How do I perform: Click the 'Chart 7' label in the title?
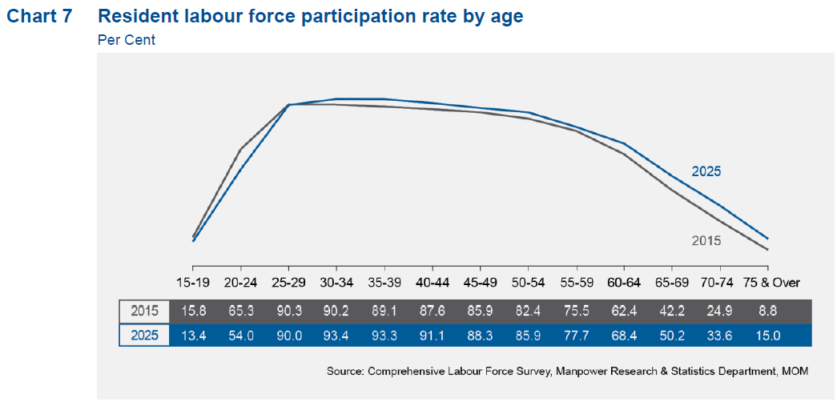[x=39, y=16]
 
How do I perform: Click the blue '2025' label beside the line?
[x=706, y=171]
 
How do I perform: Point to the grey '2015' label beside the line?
[x=706, y=240]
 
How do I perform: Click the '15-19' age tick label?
[x=193, y=283]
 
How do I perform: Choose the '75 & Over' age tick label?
[x=768, y=283]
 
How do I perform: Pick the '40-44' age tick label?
[x=432, y=283]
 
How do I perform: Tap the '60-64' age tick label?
[x=623, y=283]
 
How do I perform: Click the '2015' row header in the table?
[x=144, y=312]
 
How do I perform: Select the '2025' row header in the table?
[x=144, y=336]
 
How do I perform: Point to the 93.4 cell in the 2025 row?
[x=336, y=336]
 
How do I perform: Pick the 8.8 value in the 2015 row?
[x=768, y=312]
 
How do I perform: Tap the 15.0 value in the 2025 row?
[x=768, y=336]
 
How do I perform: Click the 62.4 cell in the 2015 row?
[x=623, y=312]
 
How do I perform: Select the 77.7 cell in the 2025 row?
[x=575, y=336]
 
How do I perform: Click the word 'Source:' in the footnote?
[x=346, y=371]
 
